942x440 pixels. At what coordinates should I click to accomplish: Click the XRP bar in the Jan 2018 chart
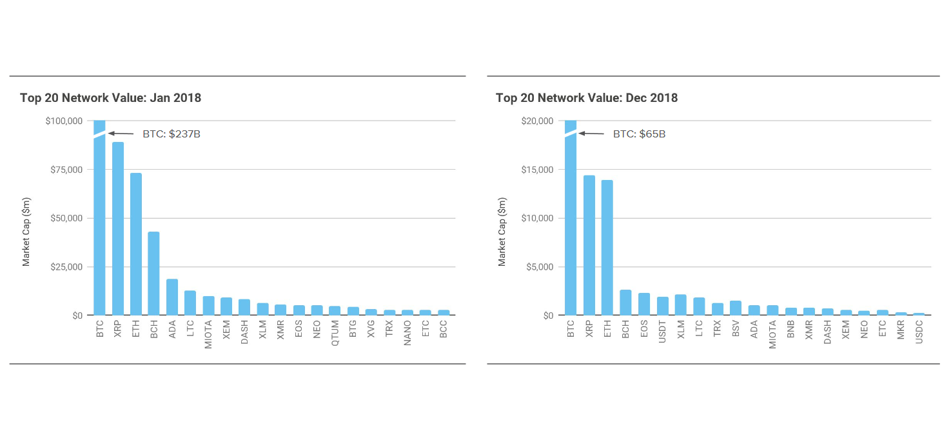118,228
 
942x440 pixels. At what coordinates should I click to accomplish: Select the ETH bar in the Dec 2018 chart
607,248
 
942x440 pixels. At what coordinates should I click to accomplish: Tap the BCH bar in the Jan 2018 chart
153,274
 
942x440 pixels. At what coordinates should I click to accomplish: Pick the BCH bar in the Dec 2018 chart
625,303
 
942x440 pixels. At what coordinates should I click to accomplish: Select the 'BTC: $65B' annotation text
639,134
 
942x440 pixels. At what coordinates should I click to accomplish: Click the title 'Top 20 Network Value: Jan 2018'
110,98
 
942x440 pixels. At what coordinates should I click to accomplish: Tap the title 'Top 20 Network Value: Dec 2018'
586,98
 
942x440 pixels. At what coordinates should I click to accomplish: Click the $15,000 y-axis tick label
537,170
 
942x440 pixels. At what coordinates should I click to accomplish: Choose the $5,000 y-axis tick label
540,267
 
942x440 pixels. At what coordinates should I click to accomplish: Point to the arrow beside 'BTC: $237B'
121,134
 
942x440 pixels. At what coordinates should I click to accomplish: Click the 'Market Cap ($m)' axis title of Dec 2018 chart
502,232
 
